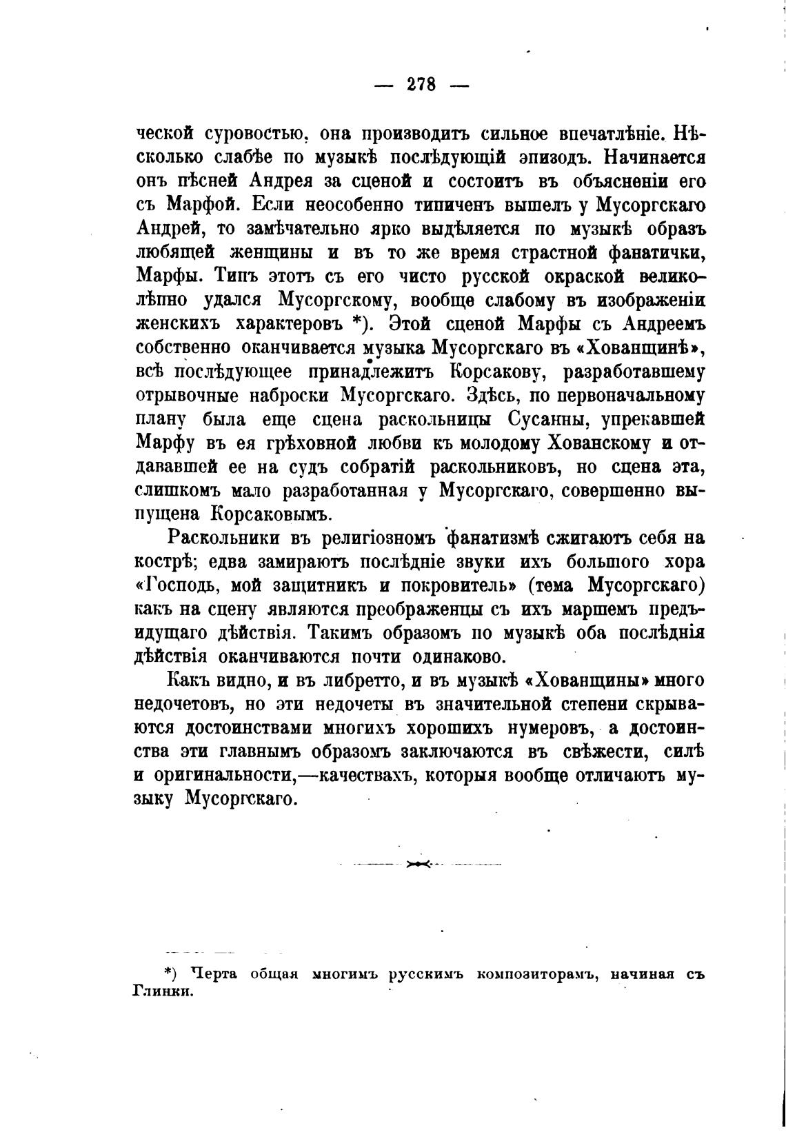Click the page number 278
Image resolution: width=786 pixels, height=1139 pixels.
point(421,84)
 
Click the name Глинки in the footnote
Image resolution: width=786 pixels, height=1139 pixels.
point(162,992)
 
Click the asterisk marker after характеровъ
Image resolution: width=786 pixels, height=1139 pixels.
point(357,323)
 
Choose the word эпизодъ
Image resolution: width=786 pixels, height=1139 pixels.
point(551,157)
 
